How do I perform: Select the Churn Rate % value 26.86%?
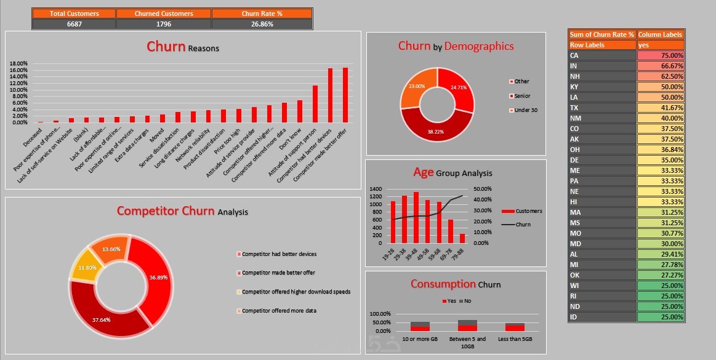tap(262, 24)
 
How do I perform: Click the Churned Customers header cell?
tap(164, 14)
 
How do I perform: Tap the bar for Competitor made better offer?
tap(345, 95)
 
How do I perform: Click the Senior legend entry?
tap(522, 96)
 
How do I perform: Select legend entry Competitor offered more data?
tap(279, 311)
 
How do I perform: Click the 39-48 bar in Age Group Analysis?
tap(416, 217)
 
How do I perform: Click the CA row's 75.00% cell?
tap(661, 55)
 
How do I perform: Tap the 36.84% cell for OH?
tap(661, 150)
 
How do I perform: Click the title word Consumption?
tap(443, 284)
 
